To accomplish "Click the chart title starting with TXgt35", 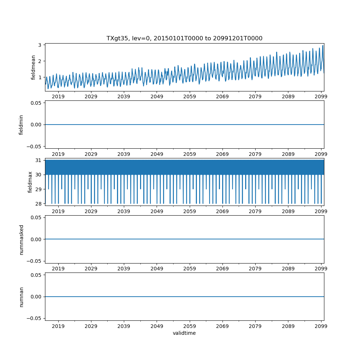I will (x=184, y=38).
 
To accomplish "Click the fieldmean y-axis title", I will (x=33, y=67).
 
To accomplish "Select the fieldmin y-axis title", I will (x=21, y=125).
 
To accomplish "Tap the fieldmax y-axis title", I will (x=30, y=182).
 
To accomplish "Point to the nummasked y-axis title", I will (x=21, y=239).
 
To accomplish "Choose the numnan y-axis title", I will (x=21, y=297).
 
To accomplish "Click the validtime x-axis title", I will (x=184, y=333).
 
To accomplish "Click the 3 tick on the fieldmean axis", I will (x=41, y=45).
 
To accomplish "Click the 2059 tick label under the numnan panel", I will (x=190, y=326).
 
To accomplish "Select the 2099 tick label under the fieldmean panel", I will (x=321, y=96).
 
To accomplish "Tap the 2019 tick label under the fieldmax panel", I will (x=58, y=211).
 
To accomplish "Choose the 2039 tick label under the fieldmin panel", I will (x=124, y=154).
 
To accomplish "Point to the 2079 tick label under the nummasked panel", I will (x=255, y=269).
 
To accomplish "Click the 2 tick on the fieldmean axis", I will (x=41, y=61).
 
